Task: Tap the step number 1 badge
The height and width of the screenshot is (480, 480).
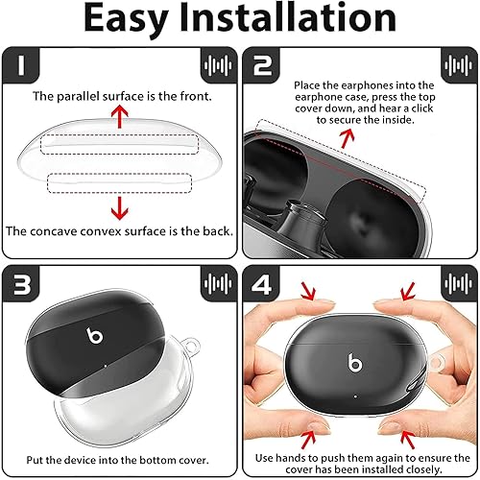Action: [22, 66]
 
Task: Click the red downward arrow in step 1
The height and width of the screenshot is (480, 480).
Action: [119, 204]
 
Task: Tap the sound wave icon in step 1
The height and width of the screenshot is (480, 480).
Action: [219, 66]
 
